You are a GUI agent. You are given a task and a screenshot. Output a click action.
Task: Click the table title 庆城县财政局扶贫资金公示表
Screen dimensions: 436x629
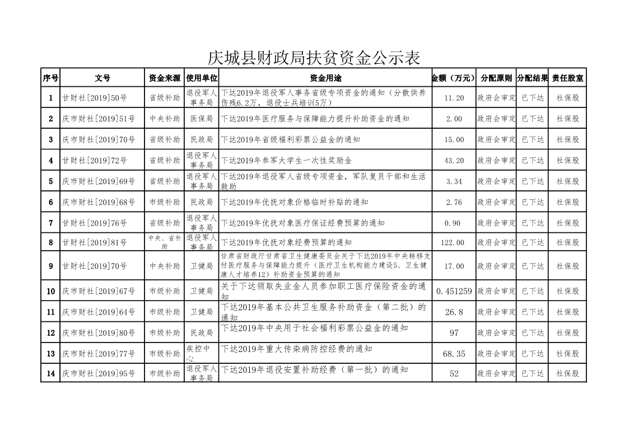click(x=314, y=58)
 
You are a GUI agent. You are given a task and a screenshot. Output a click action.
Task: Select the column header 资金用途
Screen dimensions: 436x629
click(x=325, y=78)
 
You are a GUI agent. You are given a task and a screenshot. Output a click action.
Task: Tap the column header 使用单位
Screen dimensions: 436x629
click(x=202, y=78)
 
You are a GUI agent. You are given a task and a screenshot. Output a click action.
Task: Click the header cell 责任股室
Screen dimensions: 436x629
click(x=567, y=78)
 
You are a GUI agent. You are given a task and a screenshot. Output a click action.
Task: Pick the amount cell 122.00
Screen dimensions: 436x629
click(x=454, y=242)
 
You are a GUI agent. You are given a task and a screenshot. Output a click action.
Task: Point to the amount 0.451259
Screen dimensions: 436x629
click(x=454, y=291)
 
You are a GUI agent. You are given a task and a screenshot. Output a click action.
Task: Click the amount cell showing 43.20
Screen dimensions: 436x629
click(x=454, y=161)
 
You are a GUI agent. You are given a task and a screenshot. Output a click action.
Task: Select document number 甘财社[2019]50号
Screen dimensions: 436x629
click(x=95, y=98)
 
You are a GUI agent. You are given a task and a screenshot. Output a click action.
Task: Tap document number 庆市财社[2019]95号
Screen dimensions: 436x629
click(x=99, y=373)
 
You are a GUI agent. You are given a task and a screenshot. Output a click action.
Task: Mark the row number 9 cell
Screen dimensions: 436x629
click(x=51, y=266)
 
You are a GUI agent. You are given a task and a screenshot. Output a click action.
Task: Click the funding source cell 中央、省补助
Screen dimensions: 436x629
click(x=165, y=242)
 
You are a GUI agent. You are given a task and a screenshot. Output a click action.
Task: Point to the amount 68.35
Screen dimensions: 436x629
click(x=454, y=354)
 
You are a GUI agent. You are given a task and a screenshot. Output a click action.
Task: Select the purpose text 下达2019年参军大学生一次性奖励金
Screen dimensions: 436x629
click(x=286, y=161)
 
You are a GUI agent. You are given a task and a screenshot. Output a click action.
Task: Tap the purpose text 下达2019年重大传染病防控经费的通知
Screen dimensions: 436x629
click(x=296, y=349)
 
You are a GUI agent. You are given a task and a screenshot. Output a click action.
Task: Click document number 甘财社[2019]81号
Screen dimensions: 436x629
click(x=95, y=242)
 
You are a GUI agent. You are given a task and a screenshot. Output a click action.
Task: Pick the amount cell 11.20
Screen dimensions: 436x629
click(x=454, y=98)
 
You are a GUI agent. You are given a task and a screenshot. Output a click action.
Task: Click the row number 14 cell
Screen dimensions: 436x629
click(x=51, y=373)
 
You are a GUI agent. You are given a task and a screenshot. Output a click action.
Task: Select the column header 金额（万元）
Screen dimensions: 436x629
click(x=454, y=78)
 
